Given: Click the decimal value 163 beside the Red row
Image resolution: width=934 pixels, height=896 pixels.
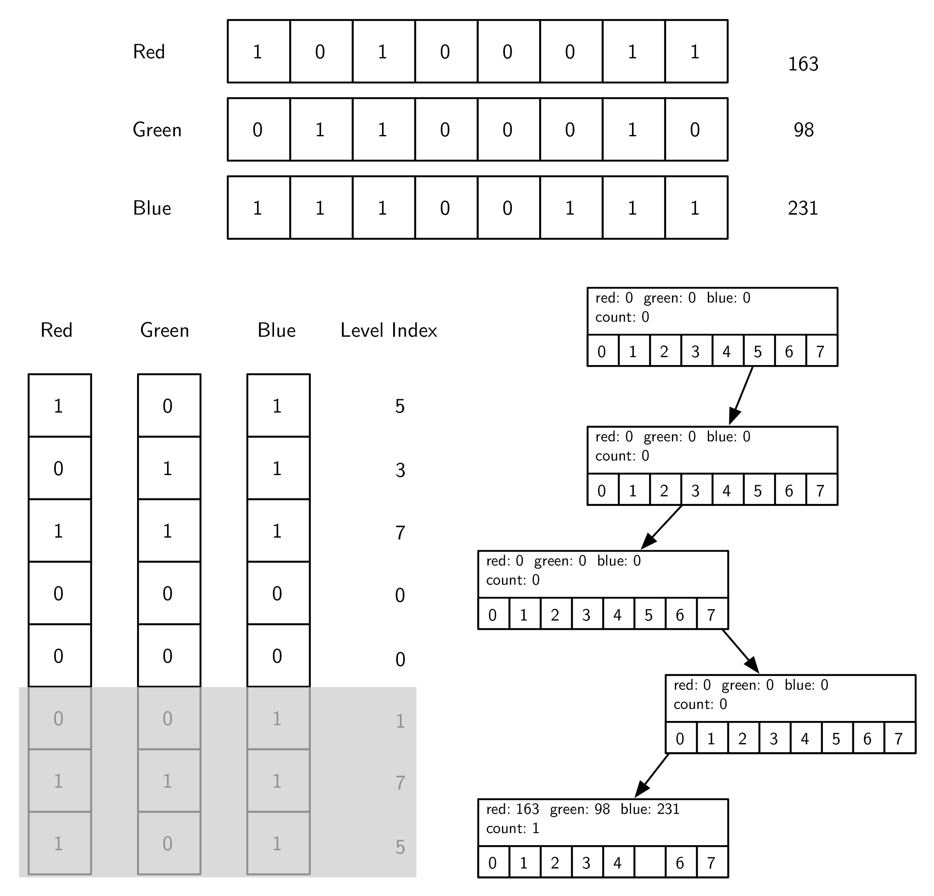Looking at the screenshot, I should [803, 64].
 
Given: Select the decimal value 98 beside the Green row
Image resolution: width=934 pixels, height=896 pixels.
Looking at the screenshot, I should [804, 130].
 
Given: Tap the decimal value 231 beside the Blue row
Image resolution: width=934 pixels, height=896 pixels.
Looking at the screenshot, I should [803, 208].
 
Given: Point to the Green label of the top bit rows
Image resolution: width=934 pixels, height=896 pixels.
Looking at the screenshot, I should [157, 130].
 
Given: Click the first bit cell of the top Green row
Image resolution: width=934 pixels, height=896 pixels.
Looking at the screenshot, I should [258, 130].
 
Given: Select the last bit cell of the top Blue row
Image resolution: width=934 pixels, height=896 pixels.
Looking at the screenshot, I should [696, 208].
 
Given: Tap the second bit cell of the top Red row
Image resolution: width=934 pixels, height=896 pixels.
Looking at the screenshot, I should [321, 52].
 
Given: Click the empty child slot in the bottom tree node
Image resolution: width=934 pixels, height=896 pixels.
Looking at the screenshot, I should [649, 863].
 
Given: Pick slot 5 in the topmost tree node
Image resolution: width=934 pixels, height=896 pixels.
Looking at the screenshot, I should [758, 351].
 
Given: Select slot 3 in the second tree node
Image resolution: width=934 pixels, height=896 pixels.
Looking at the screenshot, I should [696, 491].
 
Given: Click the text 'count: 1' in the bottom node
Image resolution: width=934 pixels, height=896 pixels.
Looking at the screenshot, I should [512, 828].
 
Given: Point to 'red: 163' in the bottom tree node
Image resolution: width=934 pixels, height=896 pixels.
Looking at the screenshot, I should [512, 809].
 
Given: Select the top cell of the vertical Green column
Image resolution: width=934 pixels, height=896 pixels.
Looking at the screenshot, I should [169, 405].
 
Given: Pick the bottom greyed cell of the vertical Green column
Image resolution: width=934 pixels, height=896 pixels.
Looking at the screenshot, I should [169, 843].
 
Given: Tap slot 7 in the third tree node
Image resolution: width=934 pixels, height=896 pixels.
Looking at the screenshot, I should [712, 615].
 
